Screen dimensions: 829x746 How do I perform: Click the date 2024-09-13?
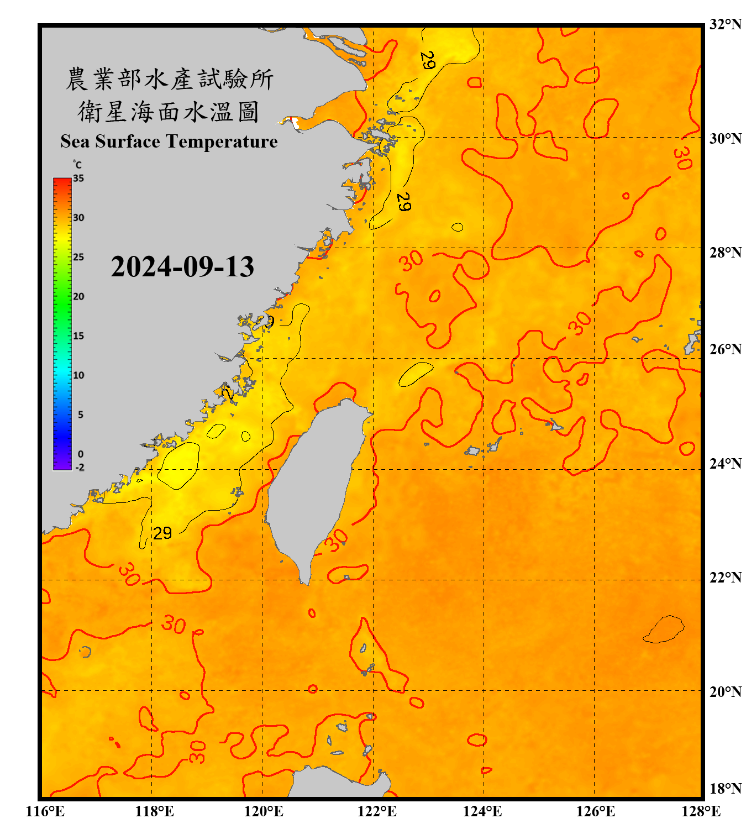coord(182,267)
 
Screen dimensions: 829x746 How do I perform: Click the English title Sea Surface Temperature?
coord(169,141)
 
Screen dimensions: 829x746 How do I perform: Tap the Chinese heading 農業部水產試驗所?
coord(170,79)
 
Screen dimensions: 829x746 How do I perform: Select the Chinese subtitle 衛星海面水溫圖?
coord(169,112)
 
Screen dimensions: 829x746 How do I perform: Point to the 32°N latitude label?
coord(725,24)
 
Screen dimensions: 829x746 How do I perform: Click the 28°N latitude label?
coord(725,253)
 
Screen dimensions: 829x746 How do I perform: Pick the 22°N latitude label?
coord(725,578)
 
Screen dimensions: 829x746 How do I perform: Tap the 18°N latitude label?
coord(725,789)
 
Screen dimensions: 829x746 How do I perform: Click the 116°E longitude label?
coord(45,811)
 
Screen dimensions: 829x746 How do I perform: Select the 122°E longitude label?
coord(377,811)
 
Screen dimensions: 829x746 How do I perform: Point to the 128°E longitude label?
coord(701,811)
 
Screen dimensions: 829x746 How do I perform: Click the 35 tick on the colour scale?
coord(78,179)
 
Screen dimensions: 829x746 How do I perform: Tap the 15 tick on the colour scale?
coord(78,336)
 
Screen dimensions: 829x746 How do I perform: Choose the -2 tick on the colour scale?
coord(80,467)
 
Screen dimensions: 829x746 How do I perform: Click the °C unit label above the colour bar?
coord(77,165)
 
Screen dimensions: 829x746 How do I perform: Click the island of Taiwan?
coord(315,481)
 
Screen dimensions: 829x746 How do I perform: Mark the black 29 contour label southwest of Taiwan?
coord(162,533)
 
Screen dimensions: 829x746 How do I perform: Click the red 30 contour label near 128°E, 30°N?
coord(682,158)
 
